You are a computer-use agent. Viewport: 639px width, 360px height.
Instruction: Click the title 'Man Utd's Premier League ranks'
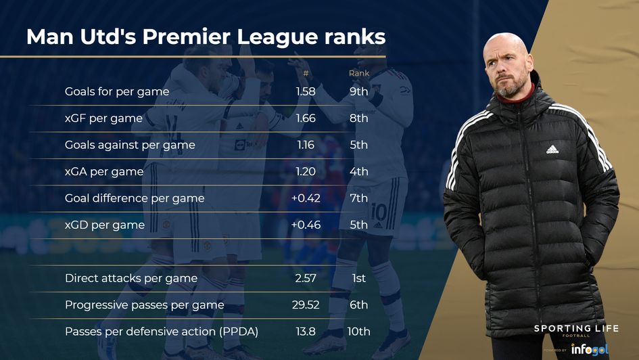[x=206, y=37]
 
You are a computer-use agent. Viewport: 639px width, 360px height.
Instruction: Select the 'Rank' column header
[x=358, y=73]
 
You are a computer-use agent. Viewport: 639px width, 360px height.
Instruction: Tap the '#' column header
[x=306, y=73]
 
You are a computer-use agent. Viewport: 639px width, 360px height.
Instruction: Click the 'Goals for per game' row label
[x=117, y=91]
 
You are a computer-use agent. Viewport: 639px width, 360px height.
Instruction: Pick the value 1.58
[x=306, y=91]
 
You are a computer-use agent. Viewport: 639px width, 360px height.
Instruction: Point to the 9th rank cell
[x=358, y=91]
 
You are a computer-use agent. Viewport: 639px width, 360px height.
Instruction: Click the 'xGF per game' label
[x=103, y=118]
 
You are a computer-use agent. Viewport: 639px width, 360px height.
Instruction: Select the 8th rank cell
[x=358, y=118]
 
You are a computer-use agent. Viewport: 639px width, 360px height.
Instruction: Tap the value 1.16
[x=306, y=145]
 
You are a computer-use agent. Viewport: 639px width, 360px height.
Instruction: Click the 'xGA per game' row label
[x=104, y=171]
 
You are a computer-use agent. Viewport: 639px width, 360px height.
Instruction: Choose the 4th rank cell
[x=358, y=171]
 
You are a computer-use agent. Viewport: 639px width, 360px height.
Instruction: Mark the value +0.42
[x=305, y=198]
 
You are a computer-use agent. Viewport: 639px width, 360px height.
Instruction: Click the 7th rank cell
[x=358, y=198]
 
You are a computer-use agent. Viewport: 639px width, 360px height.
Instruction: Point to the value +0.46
[x=305, y=225]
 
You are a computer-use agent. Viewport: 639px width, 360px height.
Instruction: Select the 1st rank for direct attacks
[x=358, y=278]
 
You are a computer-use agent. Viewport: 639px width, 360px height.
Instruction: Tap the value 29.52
[x=305, y=305]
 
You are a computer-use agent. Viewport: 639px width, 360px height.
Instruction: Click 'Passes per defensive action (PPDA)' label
[x=162, y=332]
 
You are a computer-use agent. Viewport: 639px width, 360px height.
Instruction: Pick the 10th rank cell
[x=358, y=332]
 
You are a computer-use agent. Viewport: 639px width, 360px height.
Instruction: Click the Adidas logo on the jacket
[x=552, y=149]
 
